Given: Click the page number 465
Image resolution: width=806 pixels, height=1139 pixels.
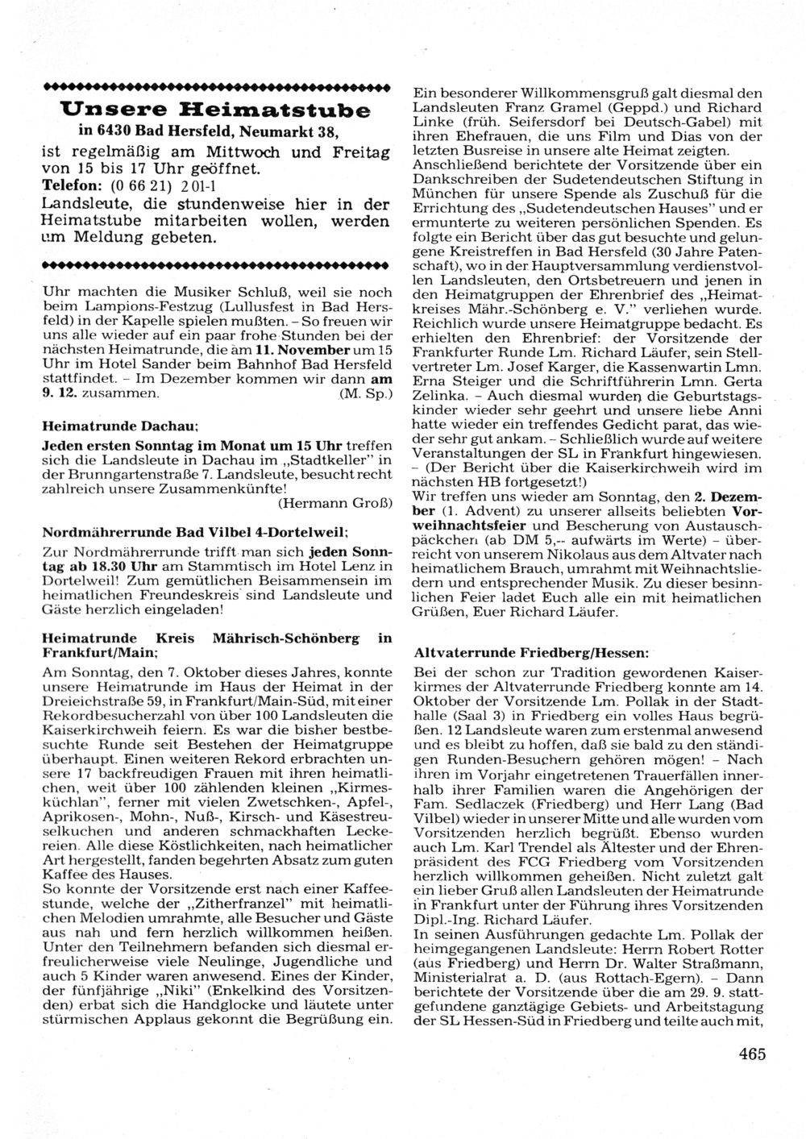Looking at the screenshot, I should (x=751, y=1054).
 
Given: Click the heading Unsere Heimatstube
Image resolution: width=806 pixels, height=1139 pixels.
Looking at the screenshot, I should (x=216, y=109).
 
